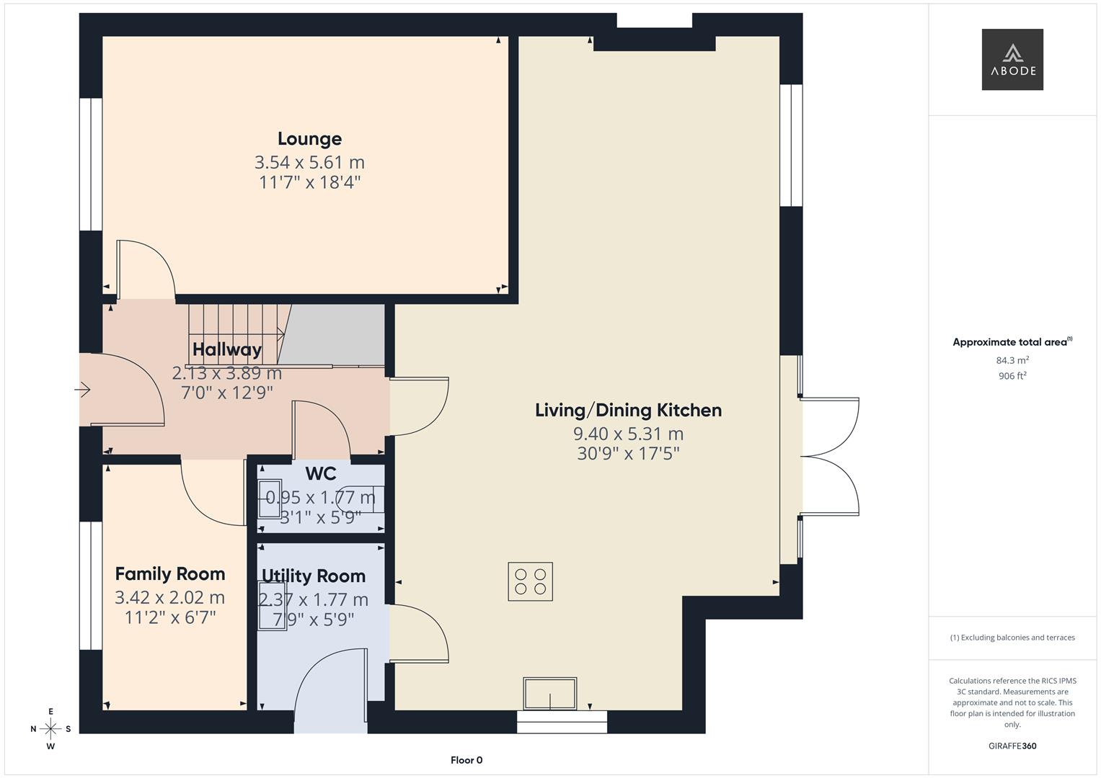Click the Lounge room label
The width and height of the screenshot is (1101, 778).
(309, 139)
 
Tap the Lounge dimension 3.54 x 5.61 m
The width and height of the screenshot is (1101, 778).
(309, 162)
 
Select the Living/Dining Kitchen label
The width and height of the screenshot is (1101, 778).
(628, 410)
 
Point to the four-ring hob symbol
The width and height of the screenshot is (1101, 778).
(531, 581)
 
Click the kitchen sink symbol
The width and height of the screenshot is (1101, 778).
(550, 694)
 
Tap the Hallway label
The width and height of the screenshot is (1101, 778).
(227, 349)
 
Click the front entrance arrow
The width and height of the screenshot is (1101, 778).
(83, 390)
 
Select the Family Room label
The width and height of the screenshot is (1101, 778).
(170, 573)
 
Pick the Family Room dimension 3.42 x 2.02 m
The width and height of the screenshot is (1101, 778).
(170, 597)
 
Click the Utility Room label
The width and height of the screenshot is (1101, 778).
(314, 576)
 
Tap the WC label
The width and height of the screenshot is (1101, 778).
(321, 473)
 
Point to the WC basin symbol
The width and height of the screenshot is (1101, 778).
(270, 498)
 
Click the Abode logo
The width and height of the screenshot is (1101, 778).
(1012, 59)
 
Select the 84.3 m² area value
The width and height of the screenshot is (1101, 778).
(1012, 360)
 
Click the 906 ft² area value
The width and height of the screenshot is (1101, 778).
(1012, 376)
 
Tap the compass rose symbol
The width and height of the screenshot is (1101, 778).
(50, 729)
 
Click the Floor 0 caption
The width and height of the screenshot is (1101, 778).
(467, 760)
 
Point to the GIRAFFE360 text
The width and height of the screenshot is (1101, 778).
(1012, 746)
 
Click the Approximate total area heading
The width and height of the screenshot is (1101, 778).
(1012, 342)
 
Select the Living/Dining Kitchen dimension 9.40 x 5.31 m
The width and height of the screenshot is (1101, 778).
(628, 434)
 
